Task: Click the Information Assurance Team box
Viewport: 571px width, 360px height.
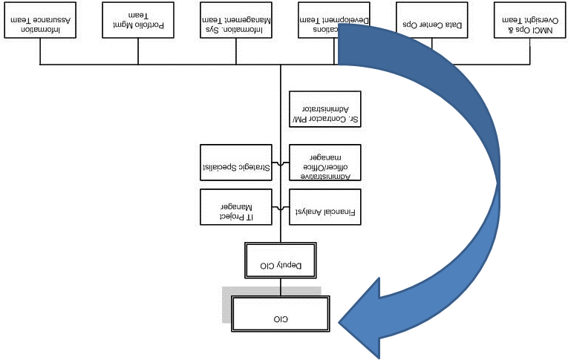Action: (40, 19)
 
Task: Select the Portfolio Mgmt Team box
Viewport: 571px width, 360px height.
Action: (138, 19)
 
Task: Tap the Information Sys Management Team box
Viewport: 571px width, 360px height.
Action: (236, 19)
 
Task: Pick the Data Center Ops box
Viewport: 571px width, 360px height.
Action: (433, 19)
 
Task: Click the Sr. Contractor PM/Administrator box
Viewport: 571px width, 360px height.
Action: (324, 109)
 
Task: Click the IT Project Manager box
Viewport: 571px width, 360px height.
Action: (236, 207)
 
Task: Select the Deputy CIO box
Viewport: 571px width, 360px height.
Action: (281, 260)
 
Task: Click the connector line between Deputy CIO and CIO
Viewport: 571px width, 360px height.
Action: (281, 287)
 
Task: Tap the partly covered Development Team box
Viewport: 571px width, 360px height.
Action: (318, 19)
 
